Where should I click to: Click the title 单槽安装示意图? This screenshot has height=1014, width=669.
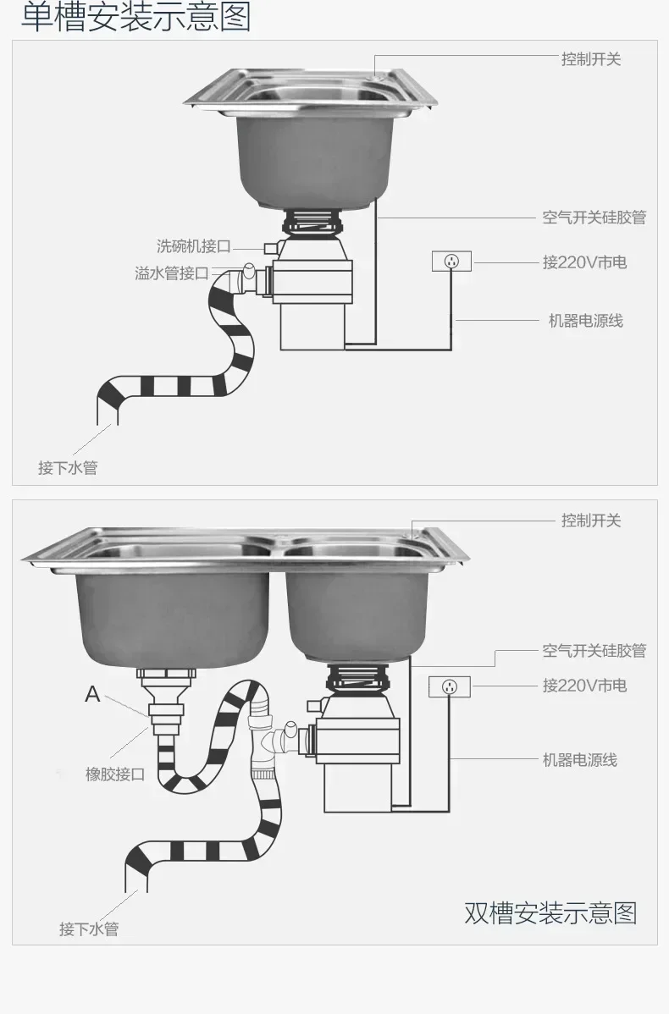click(x=135, y=18)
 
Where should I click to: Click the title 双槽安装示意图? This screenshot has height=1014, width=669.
click(x=550, y=913)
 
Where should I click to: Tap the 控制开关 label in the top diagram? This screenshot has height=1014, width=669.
click(x=590, y=59)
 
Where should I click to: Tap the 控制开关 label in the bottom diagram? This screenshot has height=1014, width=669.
click(x=590, y=521)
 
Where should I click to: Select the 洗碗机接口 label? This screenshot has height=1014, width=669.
click(x=193, y=246)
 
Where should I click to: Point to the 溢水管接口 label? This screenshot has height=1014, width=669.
click(x=171, y=273)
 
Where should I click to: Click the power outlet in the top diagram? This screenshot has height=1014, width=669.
click(x=451, y=262)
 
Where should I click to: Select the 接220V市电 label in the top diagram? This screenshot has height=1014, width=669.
click(x=584, y=262)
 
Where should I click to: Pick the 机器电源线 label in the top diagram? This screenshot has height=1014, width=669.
click(x=585, y=321)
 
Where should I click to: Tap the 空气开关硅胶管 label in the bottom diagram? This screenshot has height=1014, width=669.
click(x=594, y=651)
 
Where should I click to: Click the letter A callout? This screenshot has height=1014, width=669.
click(x=92, y=695)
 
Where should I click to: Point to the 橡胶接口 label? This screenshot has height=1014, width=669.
click(x=115, y=774)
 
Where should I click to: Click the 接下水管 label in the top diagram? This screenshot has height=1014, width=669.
click(x=68, y=468)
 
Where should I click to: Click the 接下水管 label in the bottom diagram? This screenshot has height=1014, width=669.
click(x=89, y=929)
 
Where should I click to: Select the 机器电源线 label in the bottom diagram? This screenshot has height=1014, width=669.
click(x=579, y=760)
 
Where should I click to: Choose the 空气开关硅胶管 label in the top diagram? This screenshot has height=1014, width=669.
click(x=594, y=218)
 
